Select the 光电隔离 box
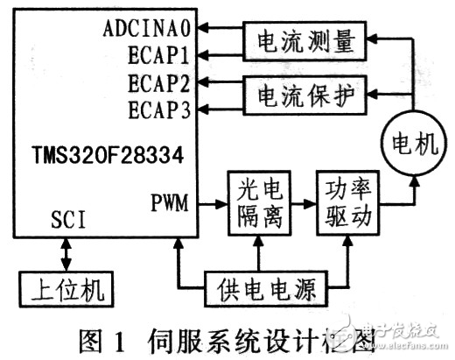coord(257,203)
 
